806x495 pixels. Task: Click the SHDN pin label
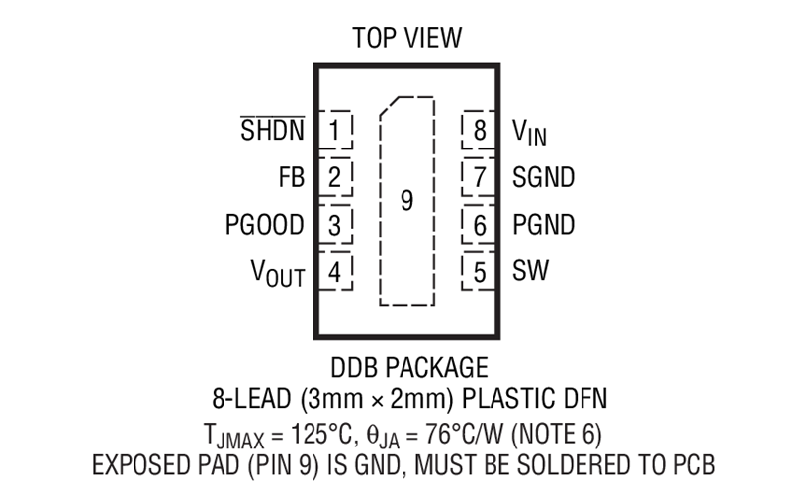pos(272,129)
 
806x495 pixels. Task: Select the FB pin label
pos(292,177)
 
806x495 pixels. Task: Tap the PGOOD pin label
pos(265,225)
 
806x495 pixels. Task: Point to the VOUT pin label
pos(278,273)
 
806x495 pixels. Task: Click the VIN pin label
pos(529,132)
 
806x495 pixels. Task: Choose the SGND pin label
pos(543,177)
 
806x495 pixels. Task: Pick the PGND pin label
pos(543,225)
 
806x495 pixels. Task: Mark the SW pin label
pos(530,270)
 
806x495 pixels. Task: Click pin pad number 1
pos(335,130)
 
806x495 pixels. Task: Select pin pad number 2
pos(335,177)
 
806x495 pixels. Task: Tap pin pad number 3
pos(335,225)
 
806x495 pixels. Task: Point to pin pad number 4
pos(335,271)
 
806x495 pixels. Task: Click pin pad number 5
pos(479,271)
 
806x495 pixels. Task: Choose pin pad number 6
pos(479,225)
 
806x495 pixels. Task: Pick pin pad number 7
pos(479,177)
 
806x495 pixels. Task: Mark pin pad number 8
pos(479,130)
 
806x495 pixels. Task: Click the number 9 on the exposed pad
pos(406,200)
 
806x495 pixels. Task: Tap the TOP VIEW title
pos(407,38)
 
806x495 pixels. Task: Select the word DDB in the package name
pos(354,368)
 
